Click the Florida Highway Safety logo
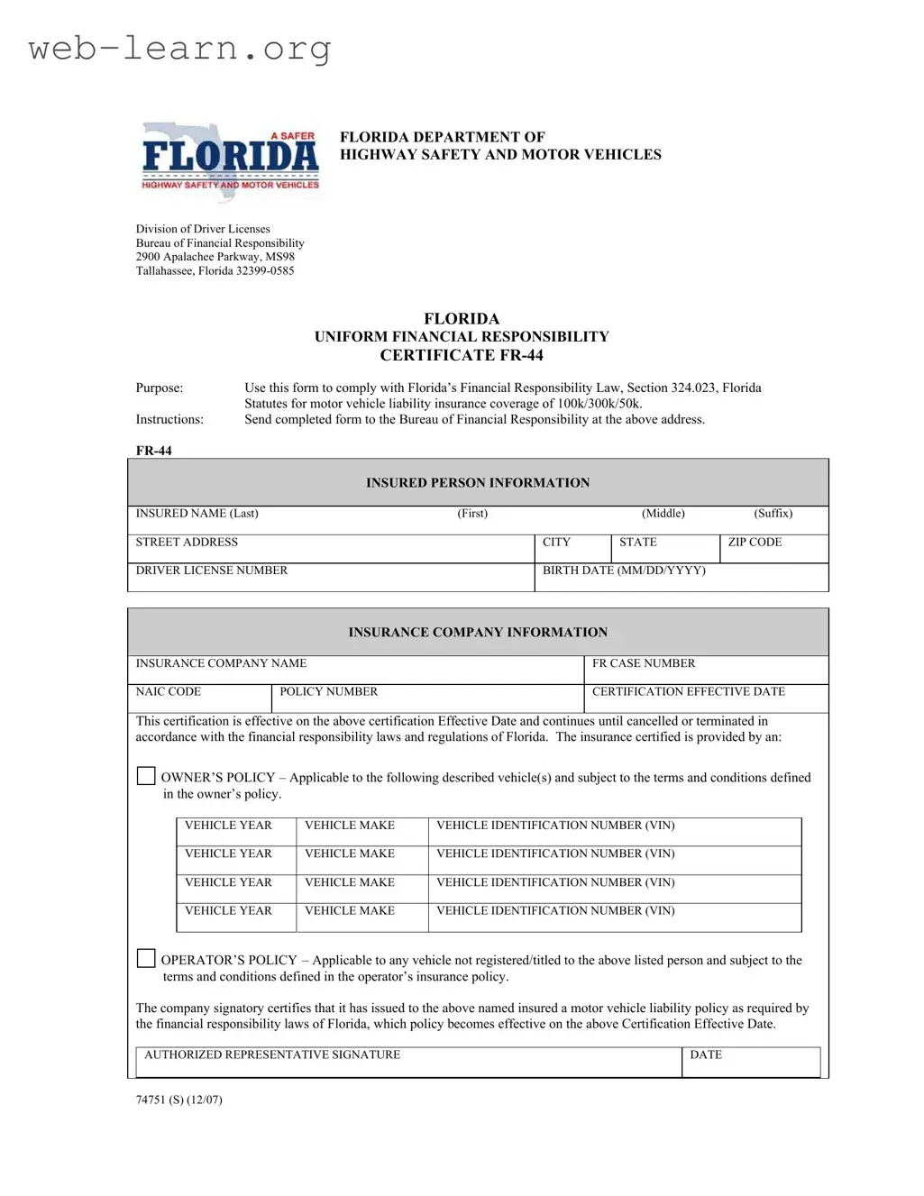[x=230, y=160]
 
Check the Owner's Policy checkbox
[x=146, y=776]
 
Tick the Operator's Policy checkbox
[x=146, y=958]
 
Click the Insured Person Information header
[x=478, y=483]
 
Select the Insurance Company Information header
[x=478, y=633]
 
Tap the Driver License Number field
[x=331, y=578]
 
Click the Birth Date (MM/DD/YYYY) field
[x=681, y=578]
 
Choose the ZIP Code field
[x=773, y=549]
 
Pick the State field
[x=665, y=549]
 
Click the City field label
[x=556, y=543]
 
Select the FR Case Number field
[x=706, y=670]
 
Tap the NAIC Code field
[x=199, y=698]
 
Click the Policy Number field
[x=427, y=698]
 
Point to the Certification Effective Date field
[x=706, y=698]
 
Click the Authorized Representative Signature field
[x=408, y=1063]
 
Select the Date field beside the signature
[x=750, y=1063]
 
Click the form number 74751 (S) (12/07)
[x=179, y=1100]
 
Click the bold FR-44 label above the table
[x=154, y=451]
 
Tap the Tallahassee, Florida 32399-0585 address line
[x=215, y=270]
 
